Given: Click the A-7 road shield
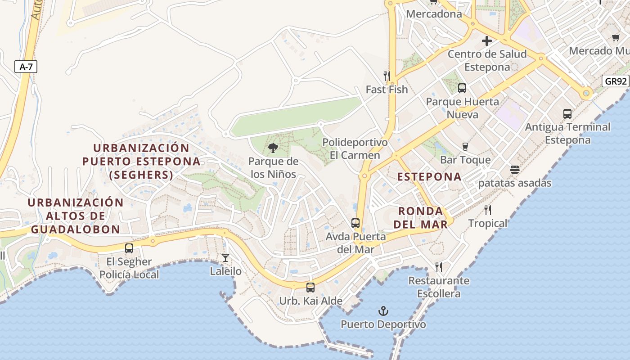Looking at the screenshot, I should coord(26,67).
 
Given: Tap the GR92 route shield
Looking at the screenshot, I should coord(616,81).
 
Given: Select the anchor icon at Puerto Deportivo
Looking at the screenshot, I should coord(383,311).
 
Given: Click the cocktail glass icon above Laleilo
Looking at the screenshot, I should coord(225,258).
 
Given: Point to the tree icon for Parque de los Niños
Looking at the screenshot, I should coord(273,148).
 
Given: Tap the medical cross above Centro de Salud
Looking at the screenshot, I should coord(487,41).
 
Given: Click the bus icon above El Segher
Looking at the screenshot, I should coord(129,248).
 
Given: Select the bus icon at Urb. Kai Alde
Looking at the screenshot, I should coord(310,288).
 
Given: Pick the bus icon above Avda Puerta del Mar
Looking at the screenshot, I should coord(355,223).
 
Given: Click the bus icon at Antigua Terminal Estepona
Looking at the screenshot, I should coord(567,114).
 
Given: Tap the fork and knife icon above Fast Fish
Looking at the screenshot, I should coord(387,76).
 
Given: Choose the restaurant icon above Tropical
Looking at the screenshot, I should coord(488,210).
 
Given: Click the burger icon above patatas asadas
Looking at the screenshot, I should coord(515,170).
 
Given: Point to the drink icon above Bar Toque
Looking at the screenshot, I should coord(465,146).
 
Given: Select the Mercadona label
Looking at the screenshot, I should coord(434,14).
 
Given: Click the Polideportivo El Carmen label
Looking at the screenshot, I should coord(355,148).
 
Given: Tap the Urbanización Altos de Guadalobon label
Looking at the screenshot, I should coord(76,216).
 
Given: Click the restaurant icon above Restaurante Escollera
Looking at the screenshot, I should coord(439,267).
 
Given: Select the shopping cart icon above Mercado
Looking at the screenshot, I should coord(615,38).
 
